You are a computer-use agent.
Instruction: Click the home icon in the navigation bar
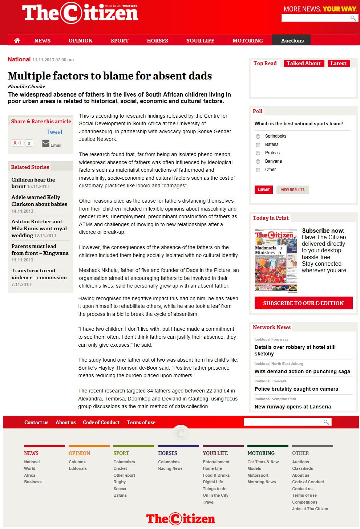pos(17,41)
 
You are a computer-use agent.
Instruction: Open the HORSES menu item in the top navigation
pos(157,41)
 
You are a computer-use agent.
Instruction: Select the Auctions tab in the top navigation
pos(292,41)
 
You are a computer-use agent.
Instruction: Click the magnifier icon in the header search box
pos(353,18)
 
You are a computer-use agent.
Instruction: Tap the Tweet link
pos(54,132)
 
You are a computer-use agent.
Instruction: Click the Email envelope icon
pos(46,143)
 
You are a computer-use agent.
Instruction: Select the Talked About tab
pos(303,63)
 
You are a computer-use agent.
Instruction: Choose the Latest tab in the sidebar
pos(338,63)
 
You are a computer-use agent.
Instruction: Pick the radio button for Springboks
pos(258,137)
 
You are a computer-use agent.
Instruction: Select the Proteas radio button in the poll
pos(258,153)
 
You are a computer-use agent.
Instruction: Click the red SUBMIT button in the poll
pos(263,190)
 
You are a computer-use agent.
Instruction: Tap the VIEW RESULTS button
pos(292,190)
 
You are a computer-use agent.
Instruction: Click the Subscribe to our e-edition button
pos(303,303)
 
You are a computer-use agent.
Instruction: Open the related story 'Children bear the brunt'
pos(33,183)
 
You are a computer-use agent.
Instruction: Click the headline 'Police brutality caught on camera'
pos(296,389)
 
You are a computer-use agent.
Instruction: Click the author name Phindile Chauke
pos(27,86)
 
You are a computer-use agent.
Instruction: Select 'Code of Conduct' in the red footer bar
pos(101,422)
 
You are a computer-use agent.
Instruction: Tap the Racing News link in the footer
pos(170,468)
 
